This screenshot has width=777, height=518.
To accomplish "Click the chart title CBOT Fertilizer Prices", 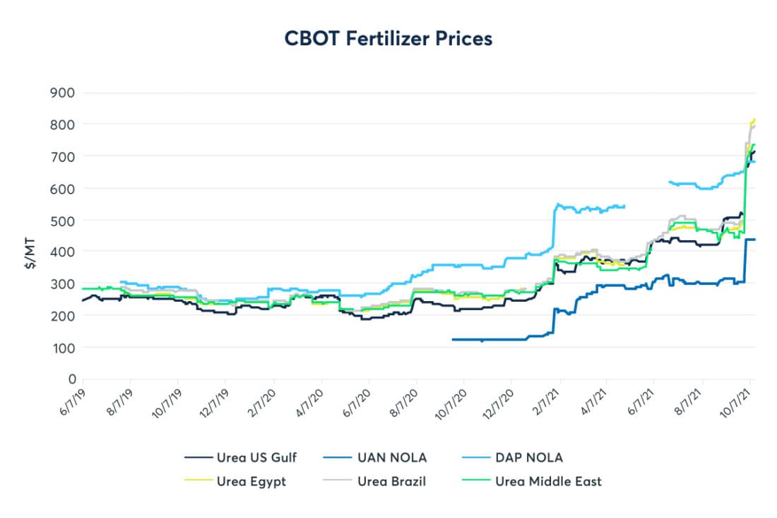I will [x=388, y=39].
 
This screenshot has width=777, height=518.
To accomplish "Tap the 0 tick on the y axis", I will [x=71, y=379].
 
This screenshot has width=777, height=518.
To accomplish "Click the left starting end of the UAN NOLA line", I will [x=452, y=339].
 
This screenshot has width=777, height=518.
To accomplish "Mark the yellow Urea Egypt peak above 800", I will [x=754, y=119].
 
